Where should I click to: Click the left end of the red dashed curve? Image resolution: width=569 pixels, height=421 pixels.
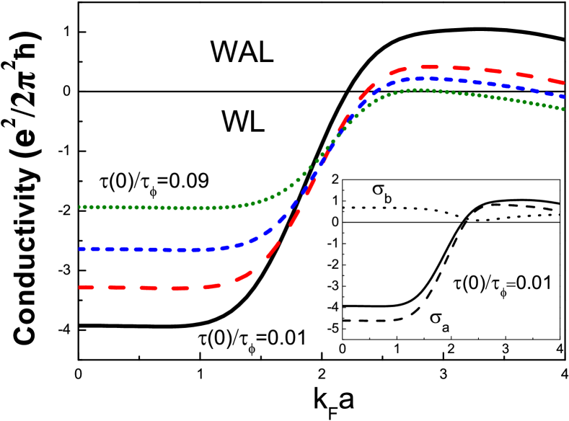(x=80, y=287)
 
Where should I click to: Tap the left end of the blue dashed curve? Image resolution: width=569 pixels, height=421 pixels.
(x=80, y=249)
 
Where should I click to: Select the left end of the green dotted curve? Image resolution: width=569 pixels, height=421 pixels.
(x=80, y=207)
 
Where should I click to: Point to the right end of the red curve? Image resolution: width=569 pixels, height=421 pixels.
(x=564, y=82)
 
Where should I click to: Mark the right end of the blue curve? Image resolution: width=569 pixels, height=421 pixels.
(x=564, y=96)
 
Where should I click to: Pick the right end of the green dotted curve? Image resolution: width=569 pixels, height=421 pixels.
(x=564, y=109)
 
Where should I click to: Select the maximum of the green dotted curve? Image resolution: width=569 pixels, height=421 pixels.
(x=418, y=90)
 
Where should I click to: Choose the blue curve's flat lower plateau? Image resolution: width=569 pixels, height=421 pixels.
(x=144, y=249)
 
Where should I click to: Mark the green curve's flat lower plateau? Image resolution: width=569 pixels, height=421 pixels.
(x=144, y=208)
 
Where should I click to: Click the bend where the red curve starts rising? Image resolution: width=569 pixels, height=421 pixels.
(x=242, y=277)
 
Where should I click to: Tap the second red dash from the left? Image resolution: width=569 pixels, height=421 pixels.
(x=117, y=288)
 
